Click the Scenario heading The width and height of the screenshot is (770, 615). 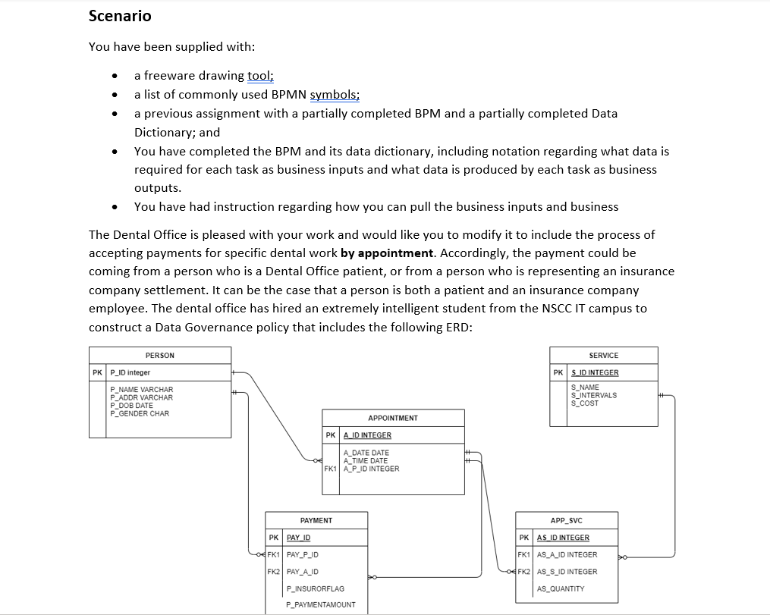[x=120, y=16]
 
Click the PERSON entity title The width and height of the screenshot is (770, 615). [x=159, y=356]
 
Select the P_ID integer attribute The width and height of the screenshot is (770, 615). [x=130, y=373]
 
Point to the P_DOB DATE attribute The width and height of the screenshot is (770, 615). [x=132, y=406]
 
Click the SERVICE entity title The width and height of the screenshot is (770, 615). [x=603, y=356]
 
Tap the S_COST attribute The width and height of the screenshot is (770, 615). [x=585, y=403]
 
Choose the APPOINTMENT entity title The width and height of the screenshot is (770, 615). [x=392, y=419]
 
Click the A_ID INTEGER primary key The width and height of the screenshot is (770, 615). [x=367, y=435]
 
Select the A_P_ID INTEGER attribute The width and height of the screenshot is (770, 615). [x=371, y=469]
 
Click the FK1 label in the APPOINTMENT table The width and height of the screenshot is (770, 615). [x=330, y=469]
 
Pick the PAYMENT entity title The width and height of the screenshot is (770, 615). [x=316, y=520]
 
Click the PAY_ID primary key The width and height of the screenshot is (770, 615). [x=298, y=538]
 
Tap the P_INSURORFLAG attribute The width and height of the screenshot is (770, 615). [x=315, y=588]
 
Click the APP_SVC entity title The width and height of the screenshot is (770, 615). [x=567, y=520]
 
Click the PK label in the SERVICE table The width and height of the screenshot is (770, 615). [x=558, y=373]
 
